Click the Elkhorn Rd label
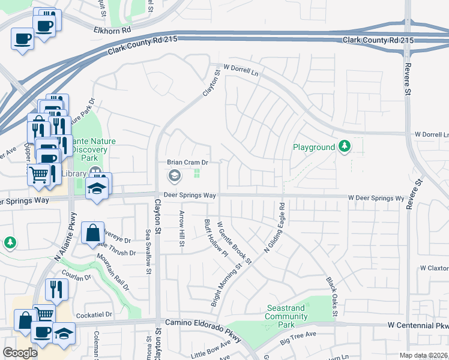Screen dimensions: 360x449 [x=112, y=29]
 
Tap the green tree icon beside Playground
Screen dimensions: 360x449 [x=345, y=146]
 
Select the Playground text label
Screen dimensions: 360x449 [x=313, y=147]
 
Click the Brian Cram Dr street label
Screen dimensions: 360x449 [x=187, y=163]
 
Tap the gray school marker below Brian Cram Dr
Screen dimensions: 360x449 [x=174, y=175]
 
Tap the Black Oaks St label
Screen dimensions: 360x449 [x=331, y=297]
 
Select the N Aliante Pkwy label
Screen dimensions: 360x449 [x=66, y=235]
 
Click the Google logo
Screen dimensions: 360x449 [x=20, y=352]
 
